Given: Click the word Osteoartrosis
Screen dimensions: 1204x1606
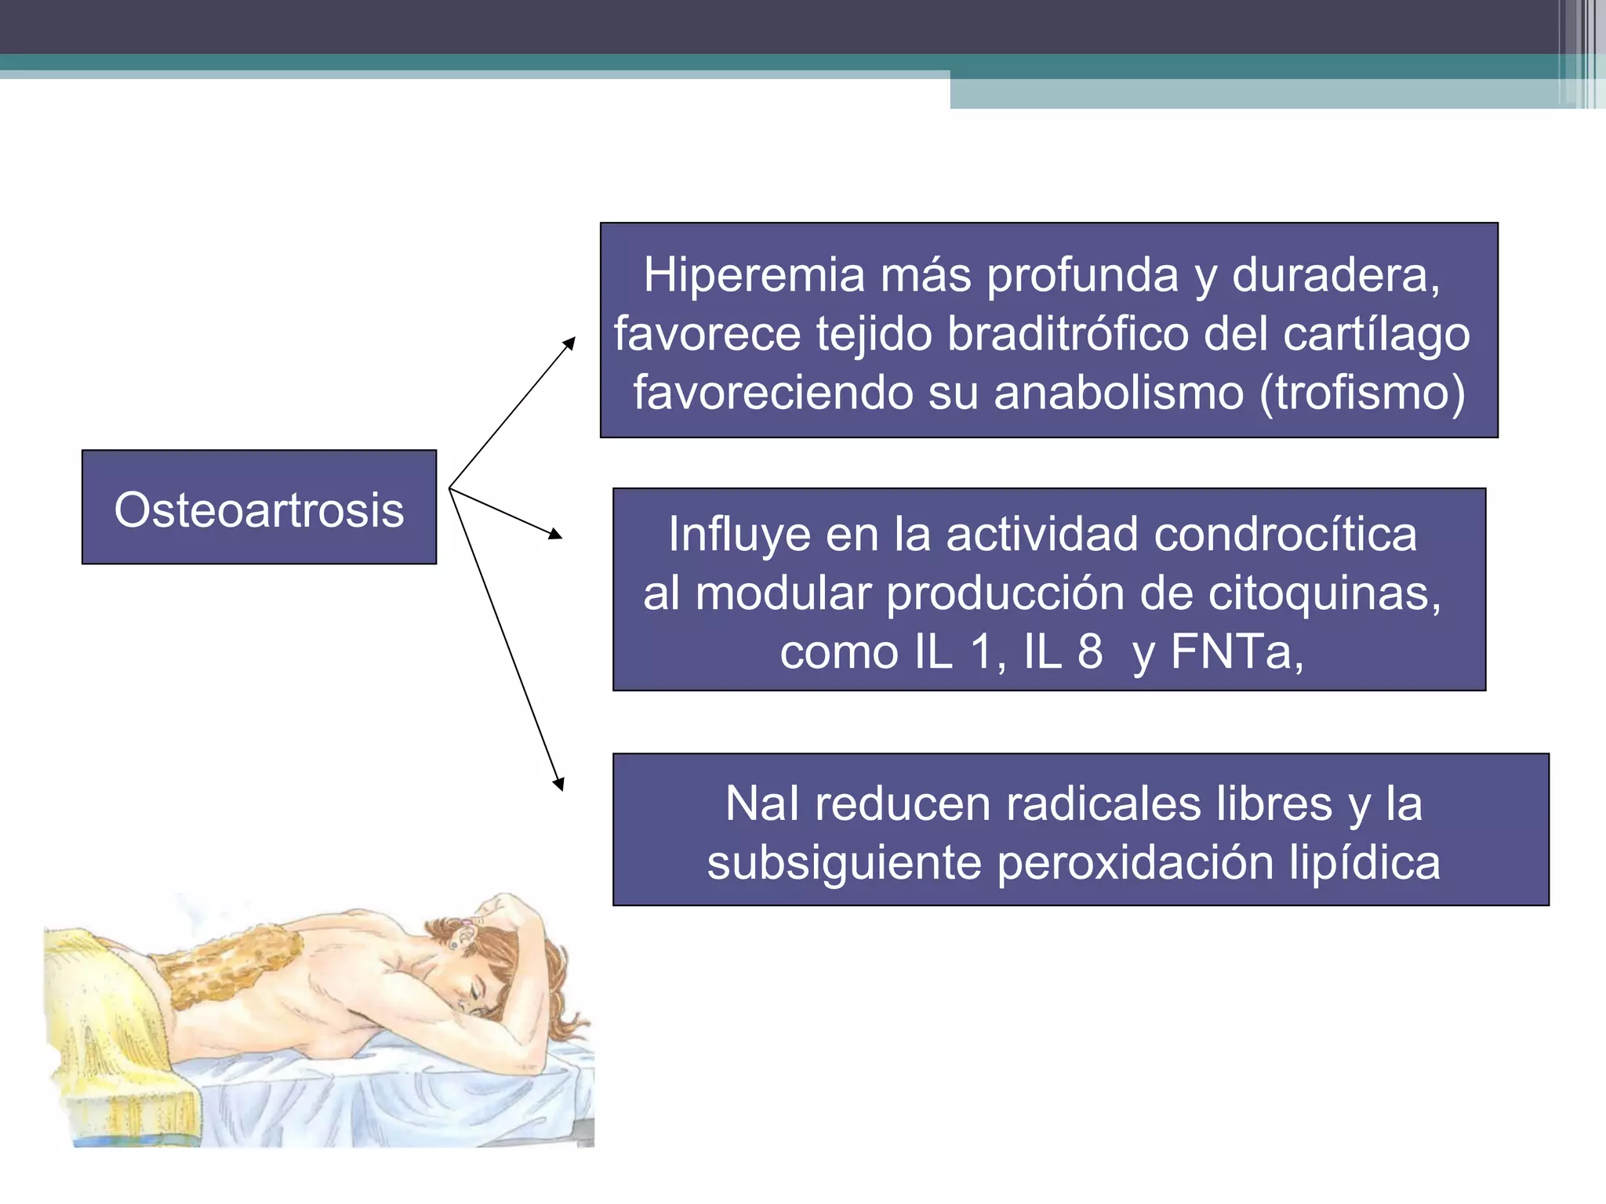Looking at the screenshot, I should [259, 510].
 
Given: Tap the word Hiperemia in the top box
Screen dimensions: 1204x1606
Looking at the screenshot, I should [753, 275].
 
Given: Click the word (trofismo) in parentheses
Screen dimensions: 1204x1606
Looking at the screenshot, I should [1362, 393].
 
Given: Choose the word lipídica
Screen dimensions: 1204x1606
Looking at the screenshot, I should [1364, 863].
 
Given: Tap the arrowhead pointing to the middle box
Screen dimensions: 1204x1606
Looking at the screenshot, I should [556, 535].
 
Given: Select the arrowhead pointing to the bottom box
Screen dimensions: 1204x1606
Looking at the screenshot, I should [559, 783].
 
